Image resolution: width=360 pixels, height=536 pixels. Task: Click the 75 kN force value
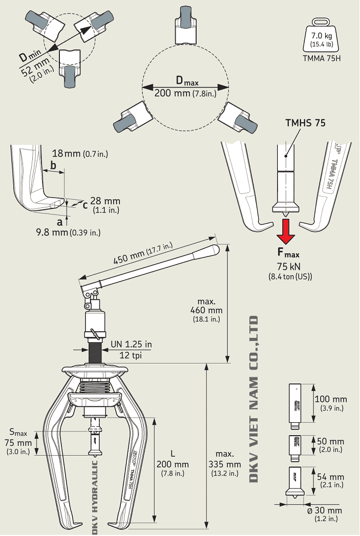[289, 266]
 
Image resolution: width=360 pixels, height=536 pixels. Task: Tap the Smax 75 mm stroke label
[18, 441]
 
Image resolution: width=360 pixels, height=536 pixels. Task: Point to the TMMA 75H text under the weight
[322, 58]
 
